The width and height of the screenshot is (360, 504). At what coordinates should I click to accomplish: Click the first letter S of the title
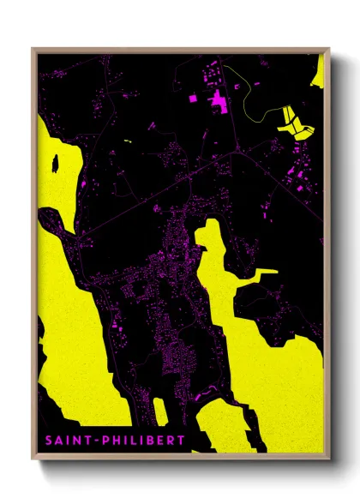(45, 441)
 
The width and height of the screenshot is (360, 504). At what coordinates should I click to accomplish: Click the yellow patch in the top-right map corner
(318, 72)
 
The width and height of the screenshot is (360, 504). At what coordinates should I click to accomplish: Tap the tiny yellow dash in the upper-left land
(126, 140)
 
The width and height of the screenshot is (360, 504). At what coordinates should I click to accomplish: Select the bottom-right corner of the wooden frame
(328, 453)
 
